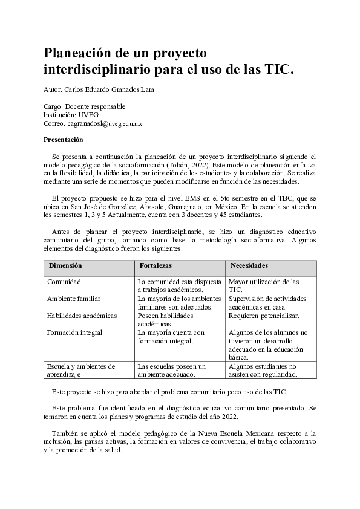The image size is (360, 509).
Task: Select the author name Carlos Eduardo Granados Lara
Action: [x=113, y=90]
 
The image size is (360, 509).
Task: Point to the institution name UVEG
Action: [x=88, y=115]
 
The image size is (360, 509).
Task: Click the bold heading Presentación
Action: [x=64, y=140]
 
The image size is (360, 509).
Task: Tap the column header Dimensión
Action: [x=65, y=266]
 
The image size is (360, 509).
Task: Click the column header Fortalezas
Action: [x=155, y=266]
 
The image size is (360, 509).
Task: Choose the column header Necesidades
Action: [x=249, y=266]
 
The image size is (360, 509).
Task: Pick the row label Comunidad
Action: [x=64, y=282]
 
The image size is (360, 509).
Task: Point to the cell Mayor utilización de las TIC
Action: [x=264, y=286]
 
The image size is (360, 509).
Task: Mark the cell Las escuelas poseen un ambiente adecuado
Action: [x=172, y=371]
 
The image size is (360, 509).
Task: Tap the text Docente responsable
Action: [x=97, y=106]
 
